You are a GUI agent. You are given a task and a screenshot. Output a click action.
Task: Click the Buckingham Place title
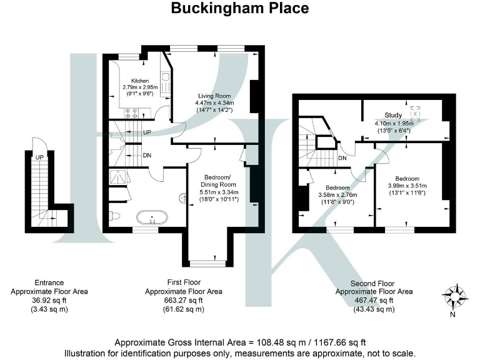[240, 8]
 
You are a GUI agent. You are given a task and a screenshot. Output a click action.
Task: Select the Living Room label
[214, 95]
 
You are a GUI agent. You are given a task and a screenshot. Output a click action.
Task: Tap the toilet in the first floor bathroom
[114, 216]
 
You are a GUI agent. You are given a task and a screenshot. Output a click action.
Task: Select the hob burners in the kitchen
[132, 113]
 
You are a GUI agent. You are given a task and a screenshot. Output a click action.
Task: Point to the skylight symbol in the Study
[414, 113]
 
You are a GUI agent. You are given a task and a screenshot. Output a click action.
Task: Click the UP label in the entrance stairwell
[39, 157]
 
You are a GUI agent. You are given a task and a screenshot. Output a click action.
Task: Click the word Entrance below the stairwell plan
[49, 282]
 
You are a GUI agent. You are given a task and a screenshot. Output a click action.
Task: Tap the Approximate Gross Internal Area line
[240, 342]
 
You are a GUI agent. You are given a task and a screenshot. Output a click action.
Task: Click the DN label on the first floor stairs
[146, 156]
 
